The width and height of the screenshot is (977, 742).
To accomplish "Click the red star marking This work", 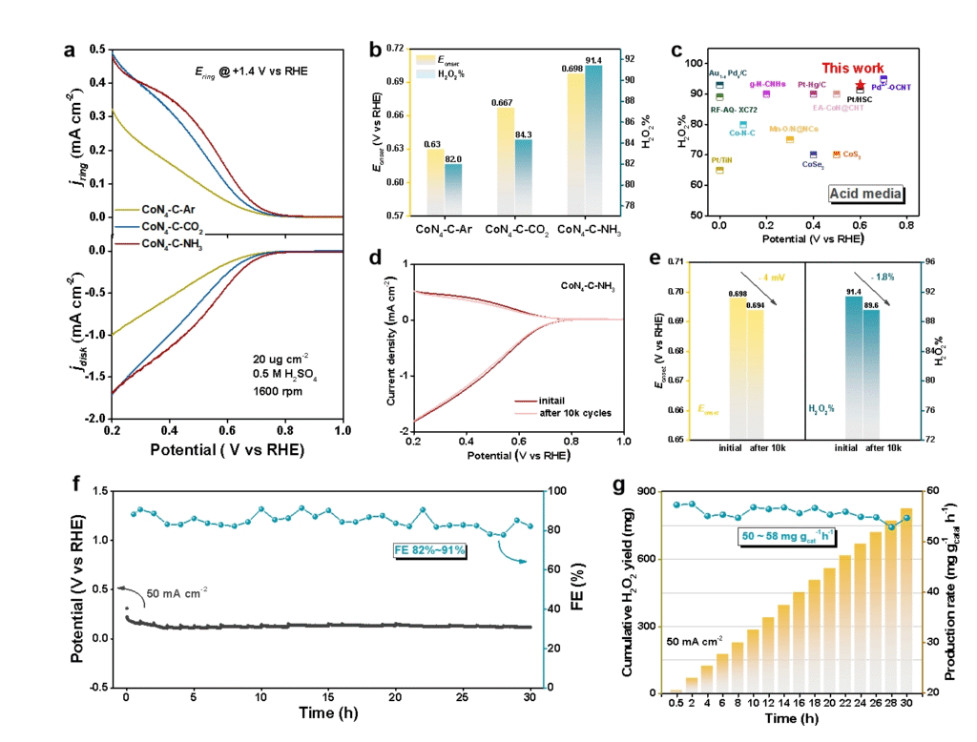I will (860, 85).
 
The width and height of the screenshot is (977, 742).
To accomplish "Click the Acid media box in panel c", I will (866, 193).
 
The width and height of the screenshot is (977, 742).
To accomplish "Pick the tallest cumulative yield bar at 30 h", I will (906, 601).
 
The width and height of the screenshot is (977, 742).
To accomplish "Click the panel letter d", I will (374, 258).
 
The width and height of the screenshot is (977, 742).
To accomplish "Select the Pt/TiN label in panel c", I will (722, 160).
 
